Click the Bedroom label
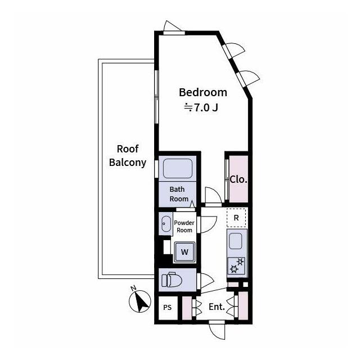tap(203, 92)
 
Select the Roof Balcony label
tap(128, 156)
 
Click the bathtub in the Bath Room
tap(178, 169)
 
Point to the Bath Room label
tap(179, 194)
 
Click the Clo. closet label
tap(238, 179)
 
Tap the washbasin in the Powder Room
tap(166, 224)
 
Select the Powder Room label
tap(184, 226)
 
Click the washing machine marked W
tap(184, 252)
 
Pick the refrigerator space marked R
tap(236, 218)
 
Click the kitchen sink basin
tap(236, 241)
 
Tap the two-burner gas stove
tap(236, 265)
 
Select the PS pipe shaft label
tap(168, 308)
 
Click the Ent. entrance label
tap(217, 307)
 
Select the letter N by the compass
tap(133, 288)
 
